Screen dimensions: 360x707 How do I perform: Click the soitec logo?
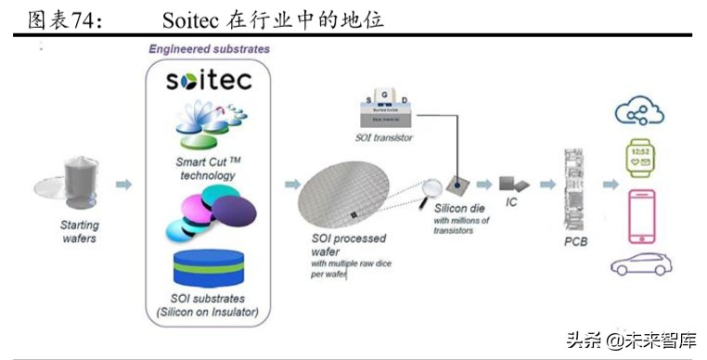209,80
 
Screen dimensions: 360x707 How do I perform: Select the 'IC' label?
510,201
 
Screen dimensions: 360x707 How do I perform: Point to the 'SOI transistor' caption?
384,137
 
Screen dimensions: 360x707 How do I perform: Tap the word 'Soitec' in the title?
192,19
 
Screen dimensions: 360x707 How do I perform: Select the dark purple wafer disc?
238,212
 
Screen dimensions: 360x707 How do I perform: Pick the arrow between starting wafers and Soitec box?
123,185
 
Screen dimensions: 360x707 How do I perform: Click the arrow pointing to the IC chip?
483,185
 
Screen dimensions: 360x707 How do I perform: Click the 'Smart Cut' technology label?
209,168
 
